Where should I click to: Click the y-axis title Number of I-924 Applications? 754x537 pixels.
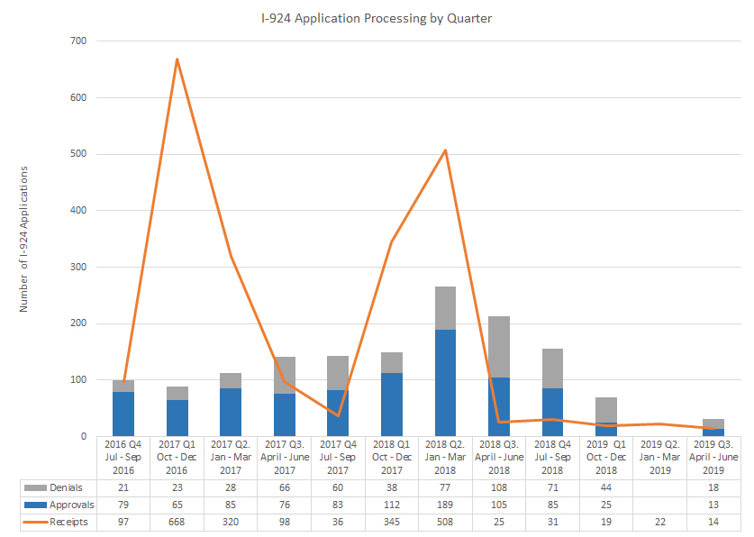(24, 239)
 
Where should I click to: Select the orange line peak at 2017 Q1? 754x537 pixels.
(177, 59)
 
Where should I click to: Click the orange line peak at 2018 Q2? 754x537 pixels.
(445, 150)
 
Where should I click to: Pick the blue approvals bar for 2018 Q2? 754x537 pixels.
(445, 383)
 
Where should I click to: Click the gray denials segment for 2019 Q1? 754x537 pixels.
(605, 410)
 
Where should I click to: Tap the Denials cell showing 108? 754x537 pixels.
(498, 487)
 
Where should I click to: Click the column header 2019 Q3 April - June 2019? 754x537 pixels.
(713, 457)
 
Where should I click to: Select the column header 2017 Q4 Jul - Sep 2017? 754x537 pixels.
(338, 457)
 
